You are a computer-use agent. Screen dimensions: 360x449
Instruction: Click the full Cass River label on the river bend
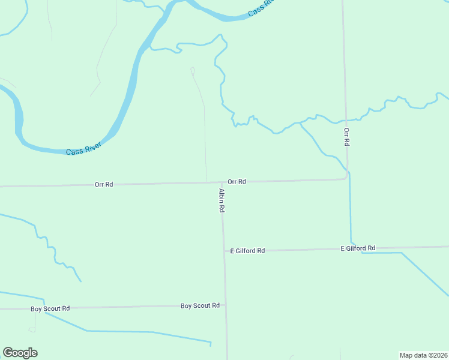click(x=83, y=148)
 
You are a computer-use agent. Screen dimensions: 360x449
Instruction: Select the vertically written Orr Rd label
click(x=346, y=137)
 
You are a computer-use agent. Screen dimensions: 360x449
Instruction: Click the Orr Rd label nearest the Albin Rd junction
click(x=237, y=181)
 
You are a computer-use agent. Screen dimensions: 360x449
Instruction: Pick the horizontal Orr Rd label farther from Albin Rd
click(x=104, y=185)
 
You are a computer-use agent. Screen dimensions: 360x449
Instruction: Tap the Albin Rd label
click(x=221, y=200)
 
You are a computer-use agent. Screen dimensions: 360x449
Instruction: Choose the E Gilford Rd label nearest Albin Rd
click(x=247, y=251)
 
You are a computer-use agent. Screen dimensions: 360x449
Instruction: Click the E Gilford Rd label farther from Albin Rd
click(x=358, y=248)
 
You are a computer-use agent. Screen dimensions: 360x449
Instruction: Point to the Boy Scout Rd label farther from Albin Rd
click(x=50, y=308)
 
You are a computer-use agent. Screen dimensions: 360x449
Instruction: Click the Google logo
click(x=20, y=353)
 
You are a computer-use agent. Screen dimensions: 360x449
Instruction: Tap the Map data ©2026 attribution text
click(x=423, y=355)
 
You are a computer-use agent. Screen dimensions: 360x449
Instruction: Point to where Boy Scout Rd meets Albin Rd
click(x=226, y=305)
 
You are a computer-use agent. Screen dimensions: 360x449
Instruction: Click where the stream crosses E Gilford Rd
click(x=351, y=248)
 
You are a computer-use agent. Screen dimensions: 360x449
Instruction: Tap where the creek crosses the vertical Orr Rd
click(x=345, y=119)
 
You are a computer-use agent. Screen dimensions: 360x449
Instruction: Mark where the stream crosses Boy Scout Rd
click(x=43, y=308)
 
